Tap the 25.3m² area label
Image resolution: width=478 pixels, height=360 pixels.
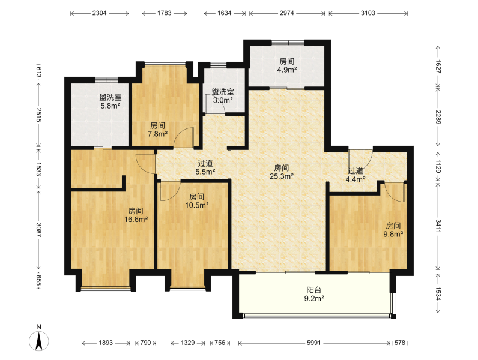[x=282, y=172]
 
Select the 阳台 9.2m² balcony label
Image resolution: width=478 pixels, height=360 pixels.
[x=314, y=294]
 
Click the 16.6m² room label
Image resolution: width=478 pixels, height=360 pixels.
[x=136, y=215]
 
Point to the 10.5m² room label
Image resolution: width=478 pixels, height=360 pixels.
[x=196, y=201]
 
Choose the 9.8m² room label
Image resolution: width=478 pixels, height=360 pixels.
[x=393, y=230]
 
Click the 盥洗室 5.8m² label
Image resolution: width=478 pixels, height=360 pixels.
[x=110, y=102]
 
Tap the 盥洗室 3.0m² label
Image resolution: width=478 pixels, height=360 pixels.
[x=223, y=96]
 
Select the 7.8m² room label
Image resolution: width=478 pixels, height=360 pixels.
[x=157, y=130]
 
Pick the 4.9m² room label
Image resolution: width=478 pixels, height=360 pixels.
[x=287, y=66]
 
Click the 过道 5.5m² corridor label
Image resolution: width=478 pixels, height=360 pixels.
[x=205, y=168]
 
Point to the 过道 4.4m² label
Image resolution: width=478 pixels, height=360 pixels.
[x=355, y=175]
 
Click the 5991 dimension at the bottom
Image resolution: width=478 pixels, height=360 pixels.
[x=314, y=343]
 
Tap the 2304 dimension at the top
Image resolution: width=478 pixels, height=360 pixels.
[x=99, y=13]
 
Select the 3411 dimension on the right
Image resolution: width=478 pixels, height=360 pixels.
[x=438, y=226]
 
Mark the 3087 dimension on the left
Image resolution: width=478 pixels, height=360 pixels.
[x=38, y=230]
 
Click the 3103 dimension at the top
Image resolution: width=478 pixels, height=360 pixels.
[x=368, y=13]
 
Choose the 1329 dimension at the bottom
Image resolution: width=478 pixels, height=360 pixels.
[x=187, y=343]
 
